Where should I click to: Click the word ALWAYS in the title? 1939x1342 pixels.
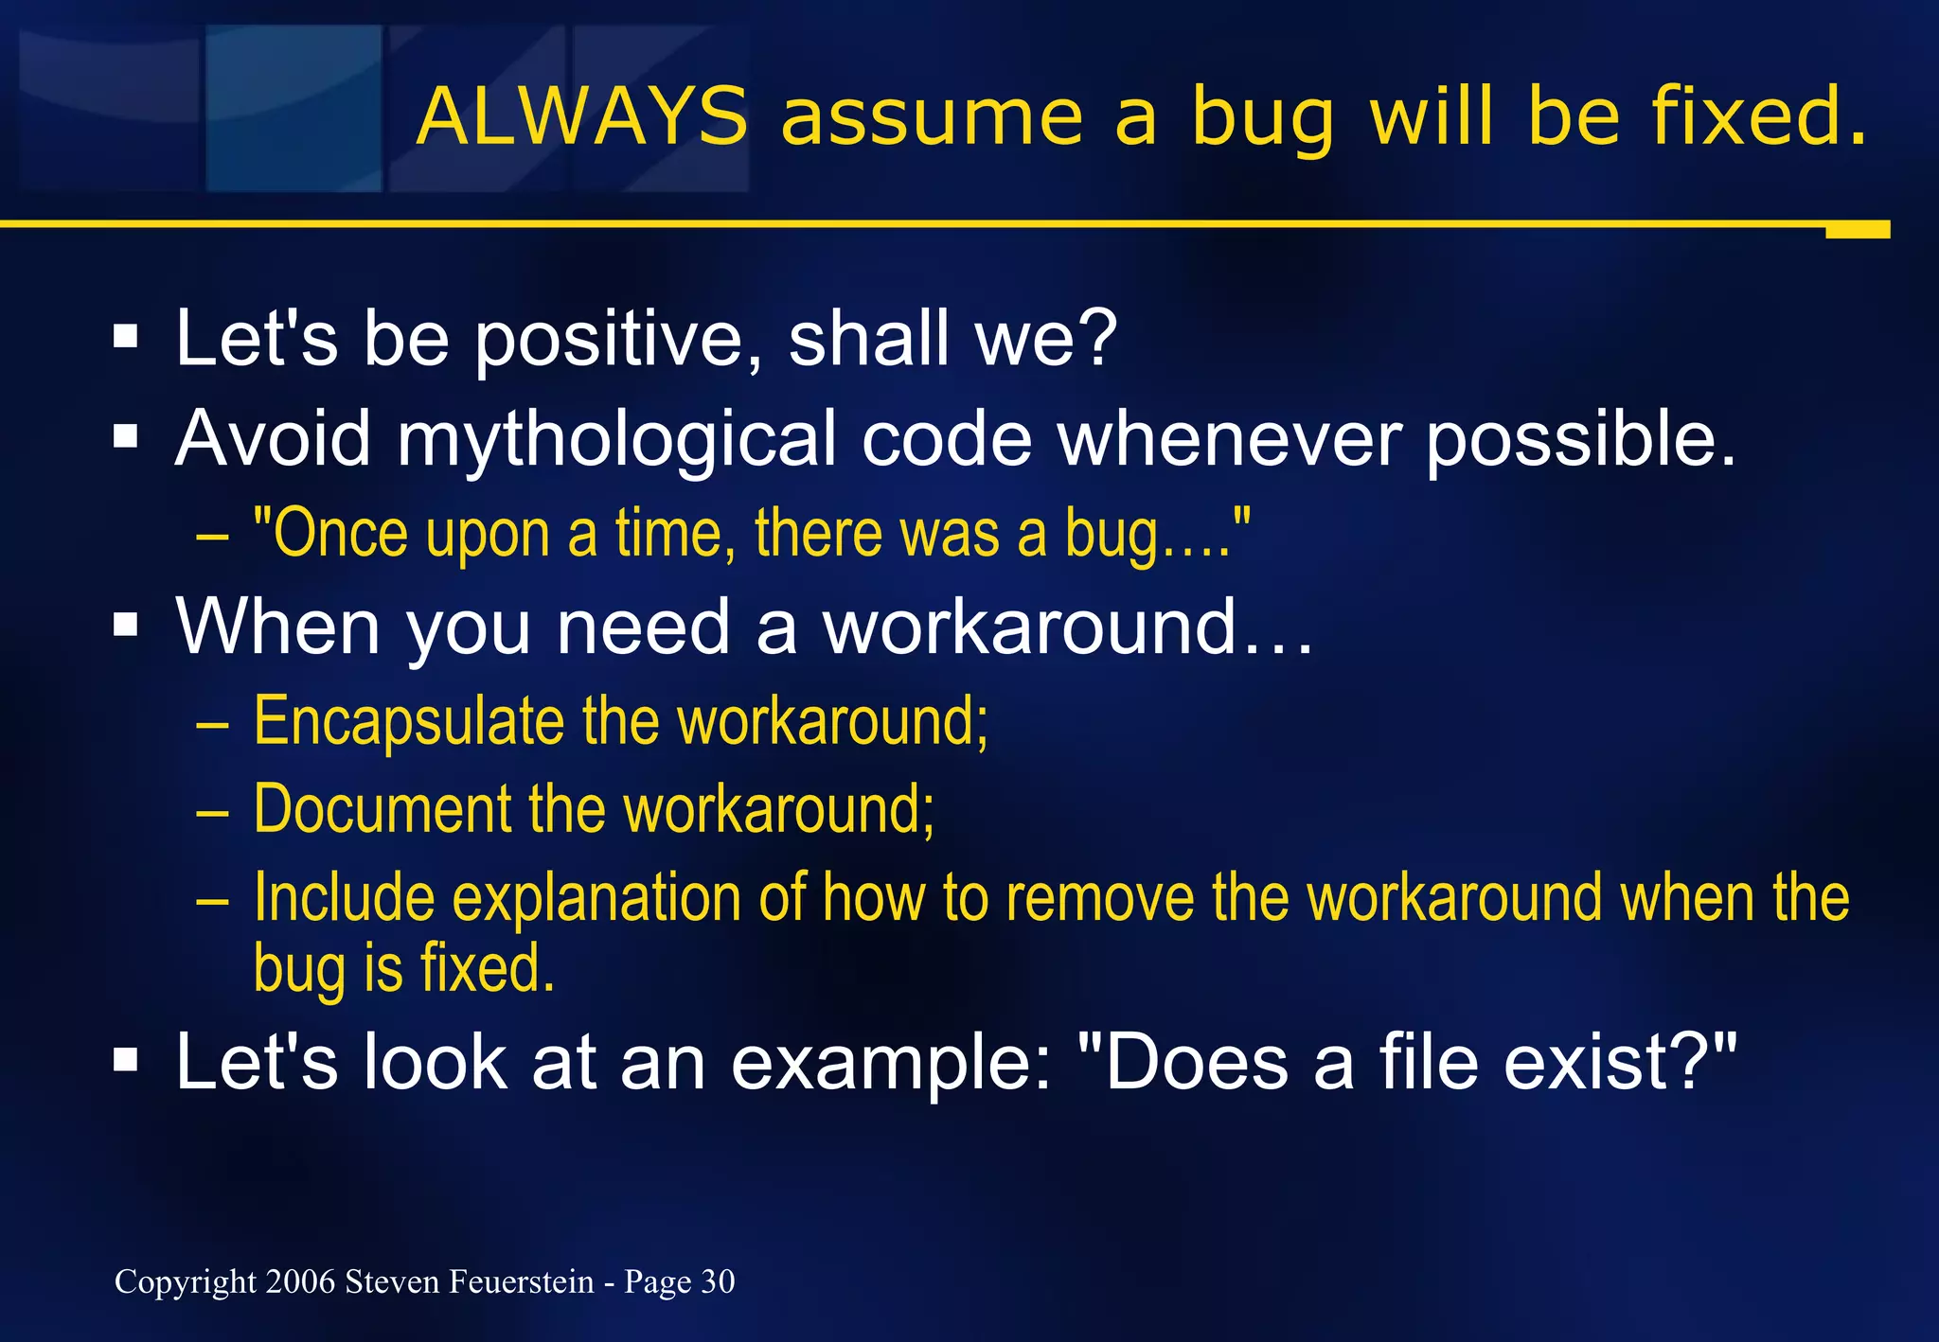click(581, 117)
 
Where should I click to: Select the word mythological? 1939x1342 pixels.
click(616, 441)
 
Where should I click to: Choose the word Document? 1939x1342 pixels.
click(382, 810)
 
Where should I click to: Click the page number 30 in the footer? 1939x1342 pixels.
click(718, 1281)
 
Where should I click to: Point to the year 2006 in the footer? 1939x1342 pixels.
click(300, 1281)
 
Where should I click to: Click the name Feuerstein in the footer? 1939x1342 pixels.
click(521, 1281)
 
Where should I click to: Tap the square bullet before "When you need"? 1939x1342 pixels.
click(125, 625)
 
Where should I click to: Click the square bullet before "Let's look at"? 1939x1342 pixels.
click(125, 1060)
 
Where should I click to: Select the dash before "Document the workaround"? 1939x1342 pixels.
click(212, 812)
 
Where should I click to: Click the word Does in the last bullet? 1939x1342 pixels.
click(1195, 1062)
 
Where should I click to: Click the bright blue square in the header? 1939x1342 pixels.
click(294, 108)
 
